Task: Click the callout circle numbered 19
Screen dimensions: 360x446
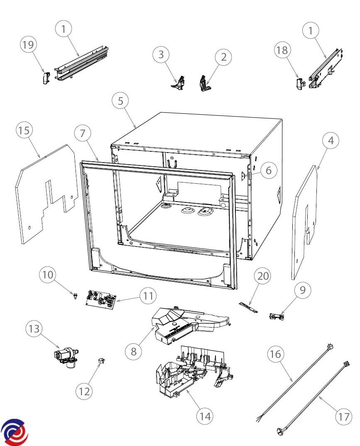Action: point(28,44)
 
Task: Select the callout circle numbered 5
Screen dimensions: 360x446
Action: point(120,101)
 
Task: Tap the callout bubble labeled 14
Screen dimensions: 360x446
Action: point(205,416)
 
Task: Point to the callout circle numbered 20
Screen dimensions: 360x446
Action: point(262,276)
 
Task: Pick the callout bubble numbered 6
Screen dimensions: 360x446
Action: point(269,170)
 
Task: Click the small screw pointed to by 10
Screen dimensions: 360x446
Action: point(75,296)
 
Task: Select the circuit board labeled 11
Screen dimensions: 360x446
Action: point(101,300)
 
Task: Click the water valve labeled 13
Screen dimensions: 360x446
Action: point(66,357)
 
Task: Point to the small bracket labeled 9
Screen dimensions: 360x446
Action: point(277,316)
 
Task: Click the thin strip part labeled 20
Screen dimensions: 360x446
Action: point(249,307)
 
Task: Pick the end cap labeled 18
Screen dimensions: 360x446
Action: point(299,84)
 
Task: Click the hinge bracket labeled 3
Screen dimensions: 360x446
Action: point(179,83)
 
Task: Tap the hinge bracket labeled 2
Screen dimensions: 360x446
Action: point(205,84)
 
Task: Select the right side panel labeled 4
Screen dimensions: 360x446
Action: point(304,222)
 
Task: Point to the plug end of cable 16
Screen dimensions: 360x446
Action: point(329,347)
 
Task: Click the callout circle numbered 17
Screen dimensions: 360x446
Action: point(343,416)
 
